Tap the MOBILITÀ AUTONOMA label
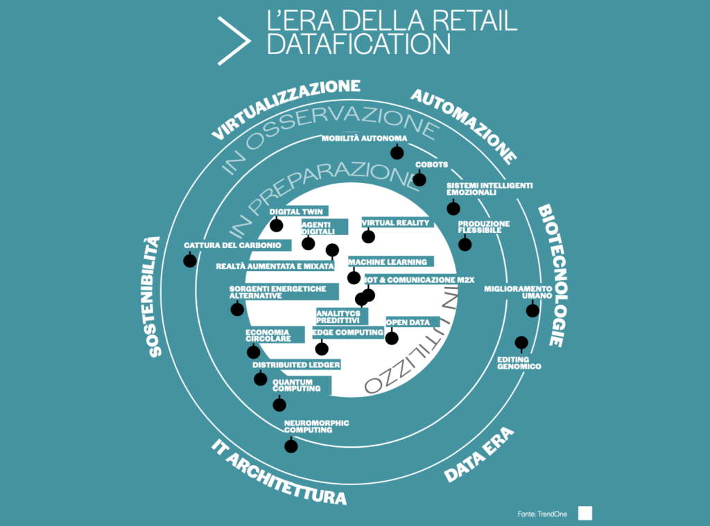(x=365, y=138)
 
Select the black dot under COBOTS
(x=419, y=179)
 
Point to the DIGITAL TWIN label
(x=296, y=211)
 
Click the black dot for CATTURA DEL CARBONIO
(x=190, y=261)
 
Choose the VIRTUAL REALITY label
(x=395, y=222)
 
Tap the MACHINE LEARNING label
(x=388, y=262)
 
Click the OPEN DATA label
(x=408, y=322)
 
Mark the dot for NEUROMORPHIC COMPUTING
(x=291, y=446)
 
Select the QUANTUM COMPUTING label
(x=297, y=385)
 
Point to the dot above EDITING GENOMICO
(x=521, y=342)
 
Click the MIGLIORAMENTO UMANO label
(x=518, y=292)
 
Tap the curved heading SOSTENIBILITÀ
(x=153, y=297)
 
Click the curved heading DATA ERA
(x=479, y=454)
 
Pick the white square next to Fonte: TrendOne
(x=585, y=514)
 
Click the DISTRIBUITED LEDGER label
(x=296, y=365)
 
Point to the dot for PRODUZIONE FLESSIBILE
(x=465, y=244)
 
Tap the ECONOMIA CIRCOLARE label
(x=268, y=335)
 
